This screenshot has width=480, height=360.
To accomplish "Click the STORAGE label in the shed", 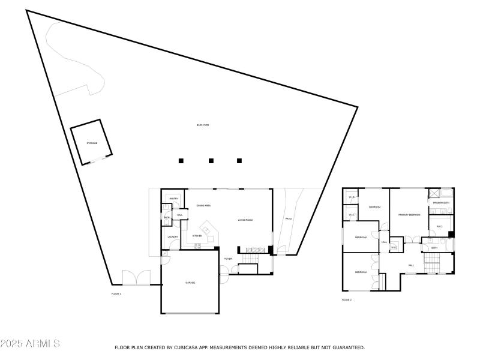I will coord(92,143).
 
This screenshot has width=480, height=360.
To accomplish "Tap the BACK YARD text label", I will coord(203,125).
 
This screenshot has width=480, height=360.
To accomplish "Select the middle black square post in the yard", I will coord(211,161).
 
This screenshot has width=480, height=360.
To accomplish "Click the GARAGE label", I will coord(190,283).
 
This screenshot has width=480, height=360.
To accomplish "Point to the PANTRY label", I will coord(173,199).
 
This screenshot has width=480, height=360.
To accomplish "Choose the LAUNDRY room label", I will coord(173,237).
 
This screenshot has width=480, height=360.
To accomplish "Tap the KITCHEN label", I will coord(197,236).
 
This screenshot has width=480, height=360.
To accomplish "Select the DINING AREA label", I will coord(203,206).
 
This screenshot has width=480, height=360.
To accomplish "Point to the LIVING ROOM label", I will coord(245,220).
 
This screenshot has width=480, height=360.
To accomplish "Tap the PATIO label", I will coord(288,218).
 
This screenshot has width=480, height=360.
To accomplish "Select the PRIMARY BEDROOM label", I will coord(409,215).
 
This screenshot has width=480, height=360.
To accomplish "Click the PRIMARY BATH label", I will coord(442,203).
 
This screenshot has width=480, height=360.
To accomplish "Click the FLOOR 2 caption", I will coord(347,299).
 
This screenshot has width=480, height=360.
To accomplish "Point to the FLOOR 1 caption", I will coord(116,293).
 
